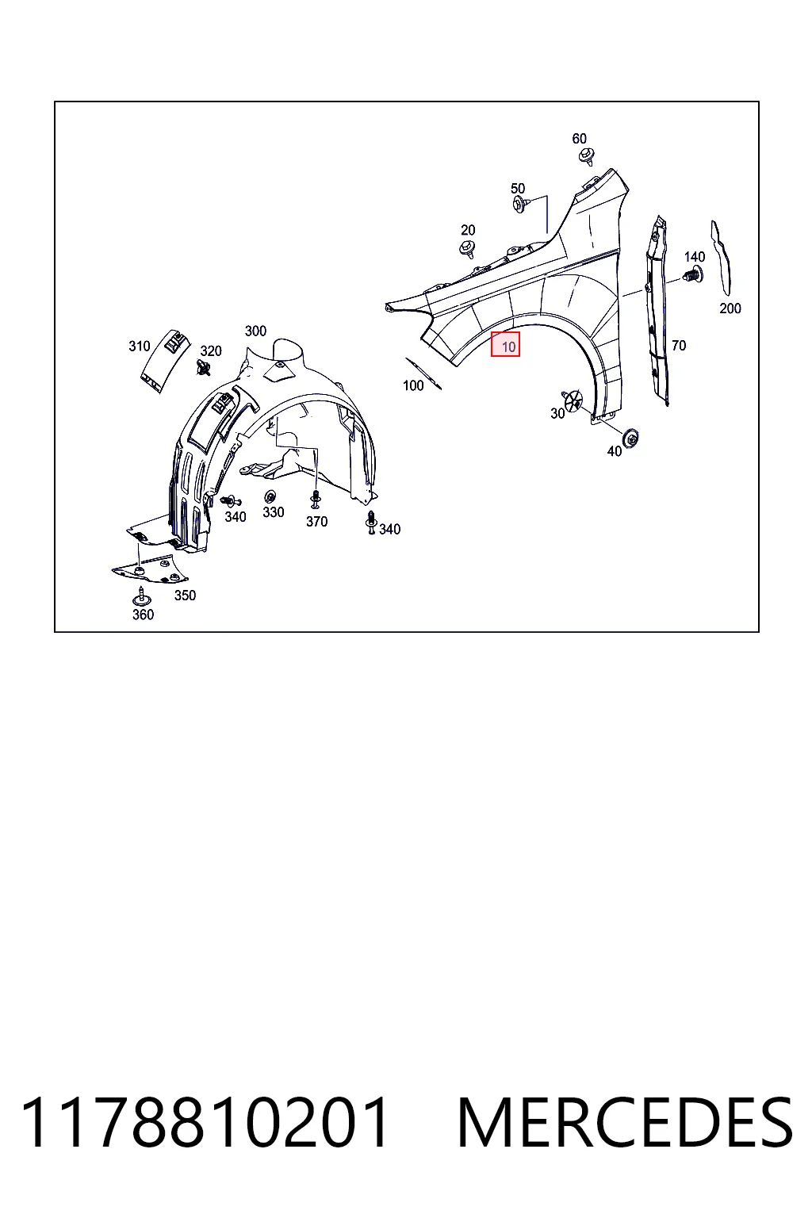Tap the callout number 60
coord(579,139)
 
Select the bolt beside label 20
coord(467,248)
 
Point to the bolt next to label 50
coord(520,205)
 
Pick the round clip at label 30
coord(573,401)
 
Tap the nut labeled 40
coord(631,438)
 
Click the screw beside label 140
coord(693,275)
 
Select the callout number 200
coord(730,308)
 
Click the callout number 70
coord(679,345)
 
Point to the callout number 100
coord(413,385)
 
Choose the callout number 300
coord(255,331)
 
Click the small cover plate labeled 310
coord(166,360)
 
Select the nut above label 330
coord(270,496)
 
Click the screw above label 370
coord(315,499)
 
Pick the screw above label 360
coord(141,597)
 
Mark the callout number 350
coord(185,596)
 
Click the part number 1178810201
coord(204,1124)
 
